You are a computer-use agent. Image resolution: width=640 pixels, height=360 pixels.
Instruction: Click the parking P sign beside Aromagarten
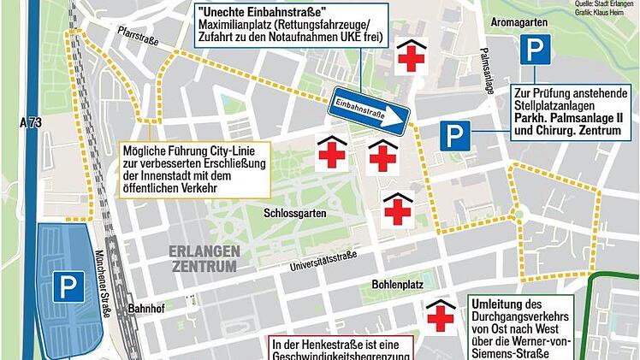(x=536, y=50)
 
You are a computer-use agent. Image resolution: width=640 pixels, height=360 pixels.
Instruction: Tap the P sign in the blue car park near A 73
(x=68, y=286)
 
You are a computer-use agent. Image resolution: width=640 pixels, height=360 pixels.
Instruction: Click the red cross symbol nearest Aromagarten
(x=412, y=58)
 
